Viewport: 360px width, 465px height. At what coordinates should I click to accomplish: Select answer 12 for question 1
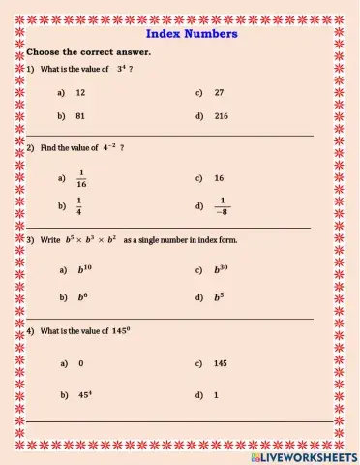(81, 92)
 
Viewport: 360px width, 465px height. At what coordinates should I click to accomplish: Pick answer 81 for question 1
(81, 115)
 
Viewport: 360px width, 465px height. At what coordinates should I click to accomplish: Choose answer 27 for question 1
(220, 92)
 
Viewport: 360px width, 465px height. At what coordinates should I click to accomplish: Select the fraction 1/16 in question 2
(81, 178)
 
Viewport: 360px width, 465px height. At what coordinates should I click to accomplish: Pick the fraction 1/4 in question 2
(79, 205)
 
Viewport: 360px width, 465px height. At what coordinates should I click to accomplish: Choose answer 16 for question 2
(220, 178)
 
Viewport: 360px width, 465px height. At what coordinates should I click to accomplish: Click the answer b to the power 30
(222, 270)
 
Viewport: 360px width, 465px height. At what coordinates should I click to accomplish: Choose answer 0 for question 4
(80, 363)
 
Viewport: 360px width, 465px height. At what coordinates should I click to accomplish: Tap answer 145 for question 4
(221, 363)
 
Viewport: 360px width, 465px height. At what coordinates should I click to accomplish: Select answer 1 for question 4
(216, 395)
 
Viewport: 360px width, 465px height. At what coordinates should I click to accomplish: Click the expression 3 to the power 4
(122, 69)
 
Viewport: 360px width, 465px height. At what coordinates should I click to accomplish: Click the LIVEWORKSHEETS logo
(303, 455)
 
